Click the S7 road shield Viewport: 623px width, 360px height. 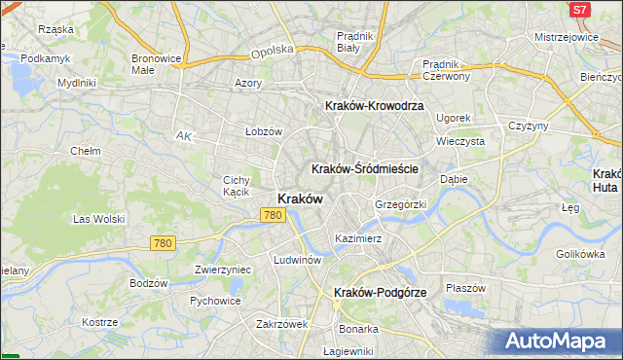[579, 10]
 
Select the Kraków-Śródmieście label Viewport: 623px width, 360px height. [364, 168]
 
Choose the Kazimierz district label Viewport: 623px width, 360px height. [357, 237]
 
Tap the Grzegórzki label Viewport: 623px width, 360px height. [401, 204]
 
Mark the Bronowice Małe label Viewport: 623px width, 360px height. [156, 64]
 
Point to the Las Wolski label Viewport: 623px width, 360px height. [96, 219]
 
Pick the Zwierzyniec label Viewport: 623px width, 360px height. [223, 270]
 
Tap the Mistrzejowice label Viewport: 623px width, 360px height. [566, 36]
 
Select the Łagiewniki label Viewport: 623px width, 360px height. [348, 351]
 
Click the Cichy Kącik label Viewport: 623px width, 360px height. [238, 186]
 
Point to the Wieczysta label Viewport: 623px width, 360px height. [460, 141]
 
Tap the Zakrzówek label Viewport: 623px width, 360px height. [281, 324]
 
